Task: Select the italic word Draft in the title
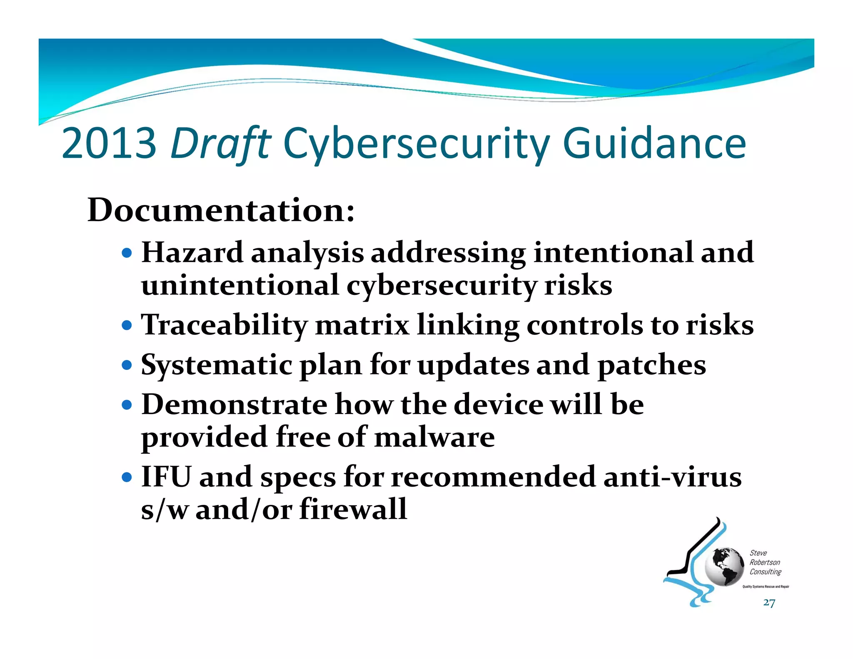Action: pyautogui.click(x=221, y=144)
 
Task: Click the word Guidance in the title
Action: pyautogui.click(x=654, y=144)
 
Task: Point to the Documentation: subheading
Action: pyautogui.click(x=221, y=210)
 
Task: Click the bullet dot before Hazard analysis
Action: pyautogui.click(x=127, y=253)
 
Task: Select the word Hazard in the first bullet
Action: pyautogui.click(x=192, y=253)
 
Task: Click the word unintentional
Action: pyautogui.click(x=240, y=286)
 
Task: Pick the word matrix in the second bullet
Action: pyautogui.click(x=362, y=325)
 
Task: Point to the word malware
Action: pyautogui.click(x=434, y=437)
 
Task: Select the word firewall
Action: pyautogui.click(x=353, y=509)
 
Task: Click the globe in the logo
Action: pyautogui.click(x=724, y=567)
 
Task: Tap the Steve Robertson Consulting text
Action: pyautogui.click(x=765, y=562)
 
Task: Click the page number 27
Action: pyautogui.click(x=769, y=603)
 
